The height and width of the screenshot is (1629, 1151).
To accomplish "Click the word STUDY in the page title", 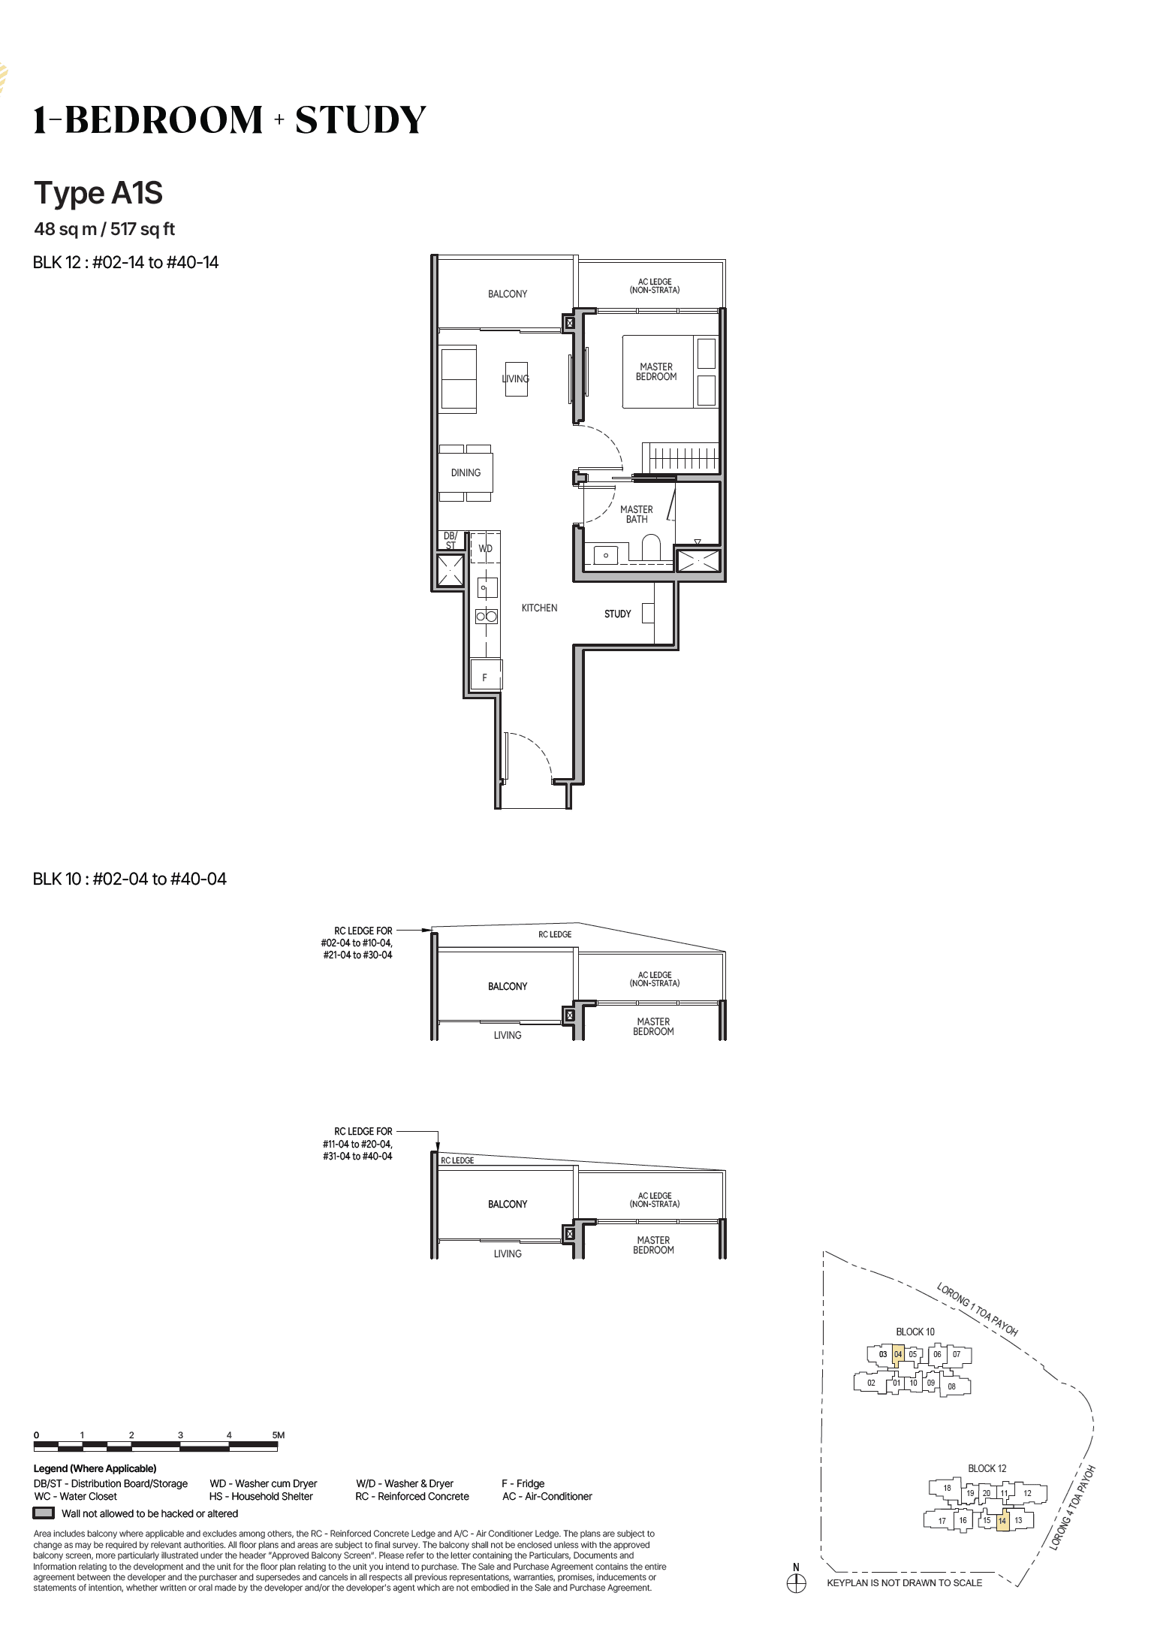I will click(360, 120).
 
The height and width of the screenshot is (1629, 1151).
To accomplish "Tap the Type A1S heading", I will click(98, 194).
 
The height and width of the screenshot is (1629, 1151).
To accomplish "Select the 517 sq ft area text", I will click(143, 229).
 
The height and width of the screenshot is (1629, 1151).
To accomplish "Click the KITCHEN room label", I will click(539, 608).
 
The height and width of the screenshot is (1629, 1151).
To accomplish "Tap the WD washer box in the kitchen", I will click(485, 549).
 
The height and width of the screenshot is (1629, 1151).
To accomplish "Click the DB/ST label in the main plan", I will click(450, 541).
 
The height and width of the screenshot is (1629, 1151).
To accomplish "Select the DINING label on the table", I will click(466, 472).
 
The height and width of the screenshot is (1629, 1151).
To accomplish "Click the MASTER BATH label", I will click(636, 514).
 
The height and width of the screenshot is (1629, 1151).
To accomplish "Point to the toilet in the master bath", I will click(650, 548).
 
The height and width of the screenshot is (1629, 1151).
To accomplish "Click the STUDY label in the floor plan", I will click(617, 614).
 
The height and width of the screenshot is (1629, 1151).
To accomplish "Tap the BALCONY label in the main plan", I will click(507, 294).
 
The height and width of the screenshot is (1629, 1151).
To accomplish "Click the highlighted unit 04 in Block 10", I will click(898, 1354).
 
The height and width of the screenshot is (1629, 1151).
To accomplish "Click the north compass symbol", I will click(796, 1583).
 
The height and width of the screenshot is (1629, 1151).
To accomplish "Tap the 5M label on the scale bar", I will click(278, 1435).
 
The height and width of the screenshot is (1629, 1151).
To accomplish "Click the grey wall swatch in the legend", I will click(44, 1513).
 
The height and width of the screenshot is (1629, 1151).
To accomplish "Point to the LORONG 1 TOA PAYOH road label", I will click(977, 1310).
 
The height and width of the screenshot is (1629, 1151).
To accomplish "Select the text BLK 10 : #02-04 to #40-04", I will click(129, 879).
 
